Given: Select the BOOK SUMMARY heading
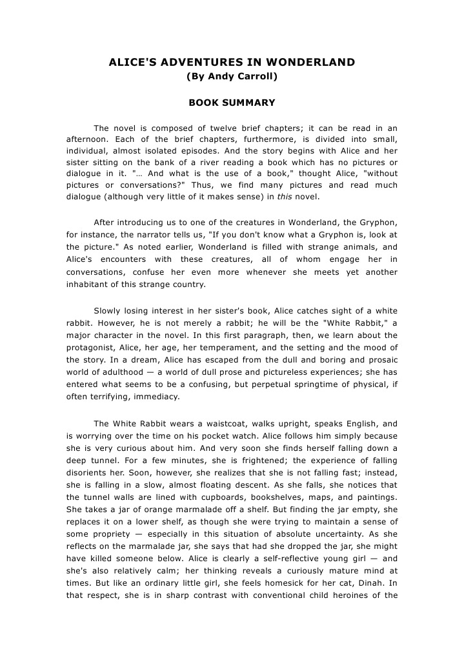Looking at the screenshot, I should [x=232, y=103].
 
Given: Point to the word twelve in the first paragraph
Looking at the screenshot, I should [x=238, y=128].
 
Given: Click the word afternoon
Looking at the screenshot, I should [x=88, y=139].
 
